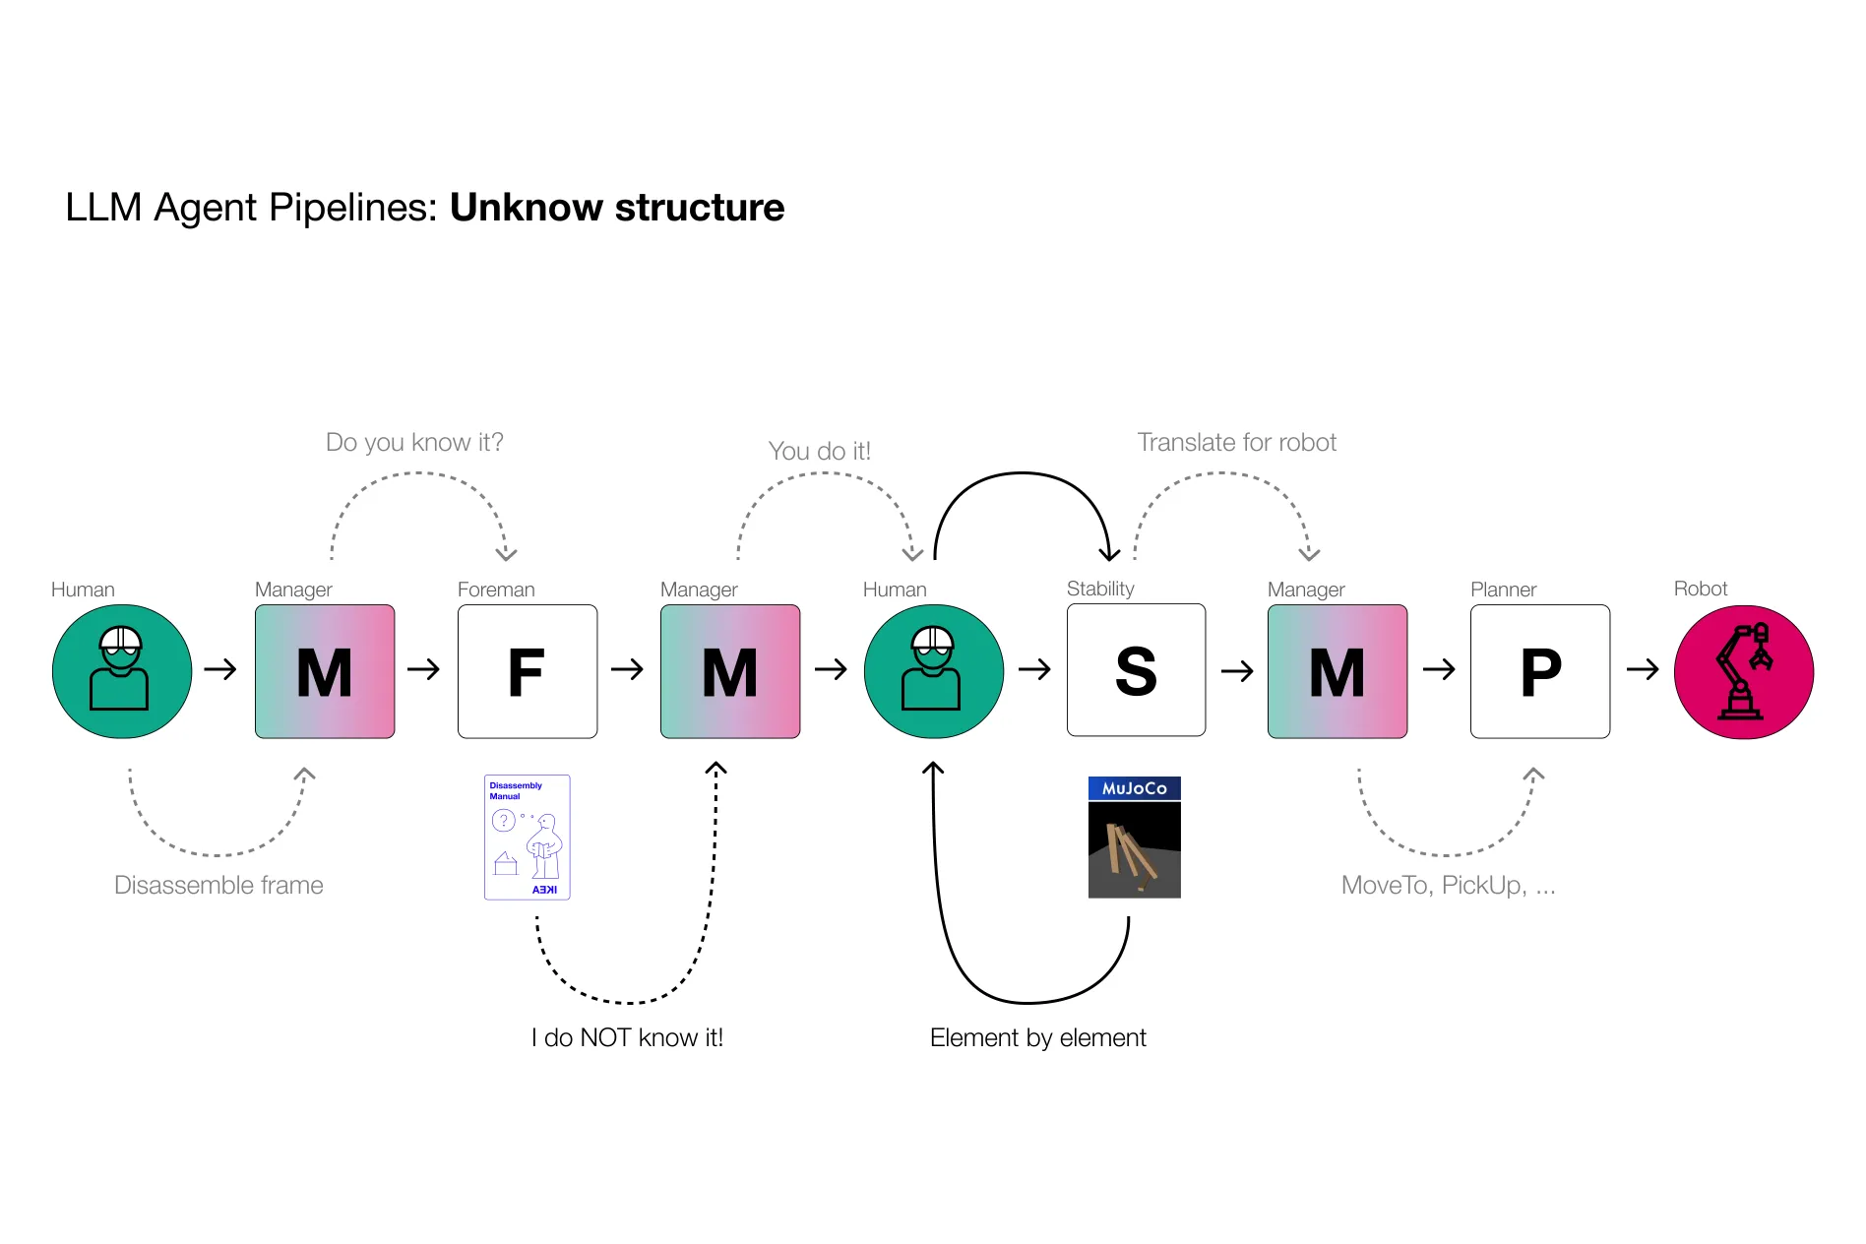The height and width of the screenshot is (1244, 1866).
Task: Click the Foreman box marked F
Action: pos(527,671)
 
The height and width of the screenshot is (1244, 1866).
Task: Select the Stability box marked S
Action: pos(1136,670)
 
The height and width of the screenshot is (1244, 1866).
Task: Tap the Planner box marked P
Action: pos(1539,671)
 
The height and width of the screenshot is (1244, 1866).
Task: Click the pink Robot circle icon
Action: pos(1743,671)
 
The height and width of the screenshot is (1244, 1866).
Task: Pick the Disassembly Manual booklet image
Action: pos(527,837)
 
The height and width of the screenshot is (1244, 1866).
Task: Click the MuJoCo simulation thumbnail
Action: pos(1134,837)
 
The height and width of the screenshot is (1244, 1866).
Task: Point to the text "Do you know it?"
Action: pos(414,442)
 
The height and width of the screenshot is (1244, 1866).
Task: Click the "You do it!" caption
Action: pos(819,451)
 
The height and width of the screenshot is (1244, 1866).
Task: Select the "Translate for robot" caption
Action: pos(1236,442)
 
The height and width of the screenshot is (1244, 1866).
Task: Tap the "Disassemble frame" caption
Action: pos(218,885)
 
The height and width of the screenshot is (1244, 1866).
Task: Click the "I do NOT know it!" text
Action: pos(627,1037)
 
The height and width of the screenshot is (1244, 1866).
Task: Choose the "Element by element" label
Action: pos(1037,1037)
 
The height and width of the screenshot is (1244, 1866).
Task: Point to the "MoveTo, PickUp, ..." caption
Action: pos(1448,885)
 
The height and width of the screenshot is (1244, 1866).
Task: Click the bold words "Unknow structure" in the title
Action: pos(617,208)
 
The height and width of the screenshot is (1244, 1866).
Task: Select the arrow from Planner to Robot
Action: pos(1642,670)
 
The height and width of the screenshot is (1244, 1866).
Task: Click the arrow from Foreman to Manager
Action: pos(627,670)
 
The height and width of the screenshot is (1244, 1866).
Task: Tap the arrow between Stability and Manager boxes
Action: pos(1236,671)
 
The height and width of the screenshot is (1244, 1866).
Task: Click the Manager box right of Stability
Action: pos(1337,671)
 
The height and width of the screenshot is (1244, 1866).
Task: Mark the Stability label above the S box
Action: pos(1100,589)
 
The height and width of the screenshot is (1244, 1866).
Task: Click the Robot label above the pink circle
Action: pos(1700,589)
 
